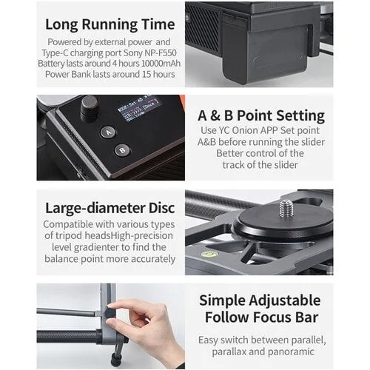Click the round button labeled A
[108, 132]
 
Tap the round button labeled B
[122, 150]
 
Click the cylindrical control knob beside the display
[89, 108]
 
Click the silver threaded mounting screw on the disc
[286, 209]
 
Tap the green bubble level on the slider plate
[209, 254]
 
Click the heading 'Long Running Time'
[110, 24]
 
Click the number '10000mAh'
[161, 64]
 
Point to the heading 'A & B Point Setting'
[261, 115]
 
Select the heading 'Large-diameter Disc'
[110, 208]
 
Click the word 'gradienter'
[98, 247]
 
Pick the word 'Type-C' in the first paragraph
[55, 53]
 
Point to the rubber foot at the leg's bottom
[115, 360]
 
